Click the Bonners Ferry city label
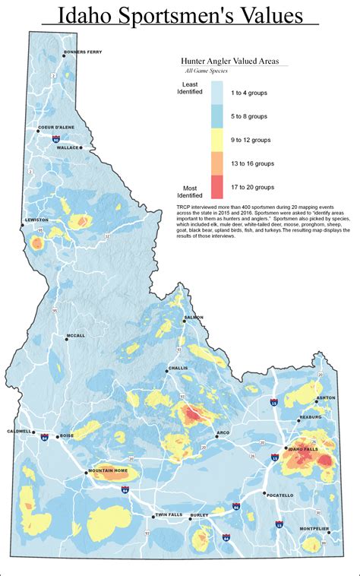pos(83,52)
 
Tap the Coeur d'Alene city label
pos(54,127)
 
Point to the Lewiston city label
pos(37,220)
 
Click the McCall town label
pos(75,335)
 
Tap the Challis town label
pos(178,367)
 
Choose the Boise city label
pos(66,435)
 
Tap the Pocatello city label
pos(278,494)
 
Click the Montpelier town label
pos(314,528)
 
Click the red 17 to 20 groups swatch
pos(217,186)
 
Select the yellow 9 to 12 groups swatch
pos(217,139)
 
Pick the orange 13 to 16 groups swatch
pos(217,163)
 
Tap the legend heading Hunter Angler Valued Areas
pos(229,59)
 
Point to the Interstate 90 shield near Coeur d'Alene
pos(55,141)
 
